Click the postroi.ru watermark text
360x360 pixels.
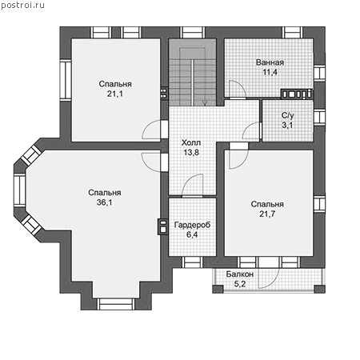(22, 5)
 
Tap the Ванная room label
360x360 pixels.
(270, 62)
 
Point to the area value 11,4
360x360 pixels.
(270, 72)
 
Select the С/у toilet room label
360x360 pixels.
(287, 115)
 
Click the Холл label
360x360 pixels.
(191, 142)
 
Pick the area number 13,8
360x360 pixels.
(191, 153)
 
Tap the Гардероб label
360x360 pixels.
(192, 225)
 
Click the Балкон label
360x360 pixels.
(240, 274)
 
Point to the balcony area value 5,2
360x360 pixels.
(240, 284)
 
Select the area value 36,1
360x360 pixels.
(104, 202)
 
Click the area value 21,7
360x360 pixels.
(267, 214)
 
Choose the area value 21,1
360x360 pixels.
(115, 94)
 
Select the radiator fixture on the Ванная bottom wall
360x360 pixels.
(297, 94)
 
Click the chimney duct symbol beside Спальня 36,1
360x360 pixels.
(163, 226)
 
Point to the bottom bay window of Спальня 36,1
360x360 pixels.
(116, 304)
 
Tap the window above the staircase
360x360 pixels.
(193, 33)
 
